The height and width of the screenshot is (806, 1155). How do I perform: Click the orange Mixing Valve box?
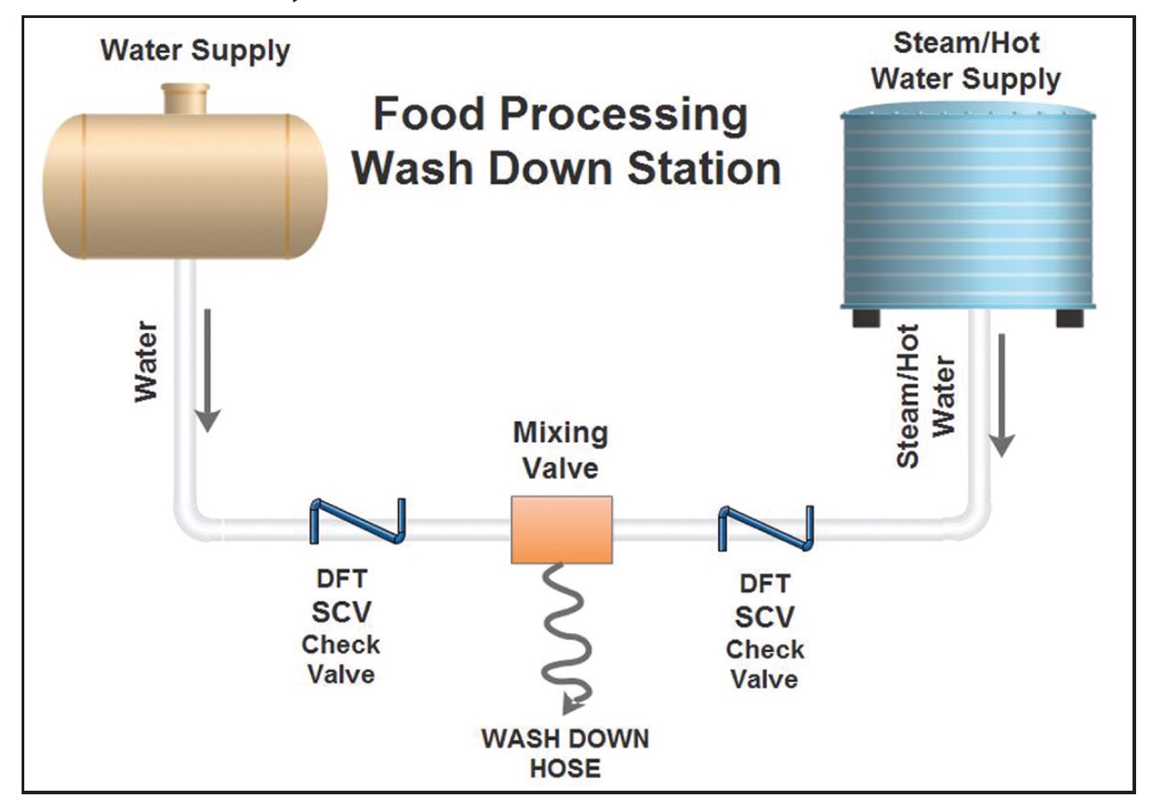pos(561,529)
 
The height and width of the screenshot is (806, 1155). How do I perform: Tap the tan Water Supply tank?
pos(184,184)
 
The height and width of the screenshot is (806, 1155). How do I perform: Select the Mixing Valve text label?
pos(560,449)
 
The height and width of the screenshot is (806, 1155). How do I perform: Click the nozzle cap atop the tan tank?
pos(184,96)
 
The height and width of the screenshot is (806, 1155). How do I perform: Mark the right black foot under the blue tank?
pos(1070,318)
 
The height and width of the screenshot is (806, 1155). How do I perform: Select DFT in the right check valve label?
pos(765,585)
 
